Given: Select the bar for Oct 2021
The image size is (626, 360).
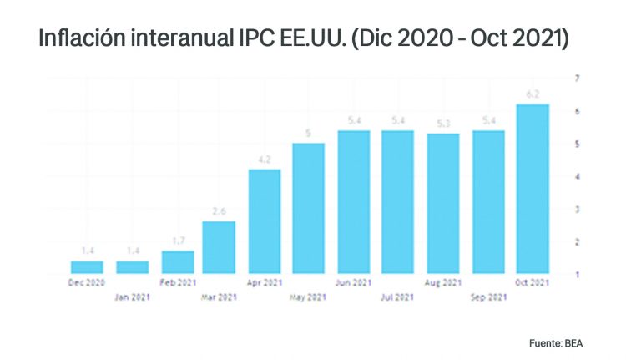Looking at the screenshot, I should coord(533,190).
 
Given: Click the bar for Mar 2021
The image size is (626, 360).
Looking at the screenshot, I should coord(219,247).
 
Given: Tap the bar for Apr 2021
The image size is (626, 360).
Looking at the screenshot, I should coord(264,221).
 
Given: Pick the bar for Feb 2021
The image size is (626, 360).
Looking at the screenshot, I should coord(177,262).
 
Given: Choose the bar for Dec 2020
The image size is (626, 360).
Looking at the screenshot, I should coord(87,267).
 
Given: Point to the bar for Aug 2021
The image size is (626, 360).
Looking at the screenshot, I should coord(442,204).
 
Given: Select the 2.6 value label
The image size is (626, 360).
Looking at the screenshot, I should coord(219,211).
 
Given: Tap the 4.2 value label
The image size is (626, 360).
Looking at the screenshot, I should coord(264,160).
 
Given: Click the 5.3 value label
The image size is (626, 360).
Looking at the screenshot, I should coord(442,124).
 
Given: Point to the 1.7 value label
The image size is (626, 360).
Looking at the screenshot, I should coord(177,241).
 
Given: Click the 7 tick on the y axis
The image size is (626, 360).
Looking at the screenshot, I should coord(577,79).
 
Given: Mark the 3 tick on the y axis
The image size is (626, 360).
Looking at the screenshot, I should coord(577,209).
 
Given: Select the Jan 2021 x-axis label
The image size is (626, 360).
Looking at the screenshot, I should coord(132,296).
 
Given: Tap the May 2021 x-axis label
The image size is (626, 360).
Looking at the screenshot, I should coord(308,296).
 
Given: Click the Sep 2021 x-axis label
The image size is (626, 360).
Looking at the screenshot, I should coord(487,296).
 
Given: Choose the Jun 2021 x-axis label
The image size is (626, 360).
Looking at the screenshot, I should coord(353,282).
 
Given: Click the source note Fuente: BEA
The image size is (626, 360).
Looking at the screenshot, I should coord(557,343).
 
